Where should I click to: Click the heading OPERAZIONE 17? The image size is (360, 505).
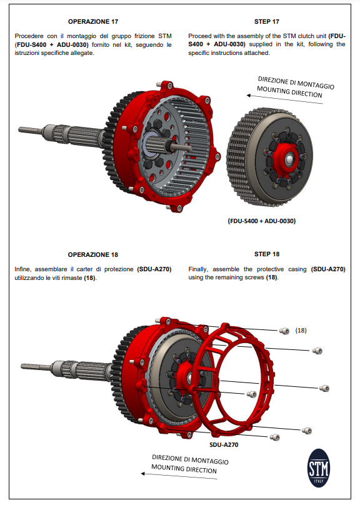92,21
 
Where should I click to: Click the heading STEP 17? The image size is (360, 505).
267,21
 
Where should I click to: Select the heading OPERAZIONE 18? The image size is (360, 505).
92,254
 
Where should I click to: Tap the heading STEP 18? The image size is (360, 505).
267,254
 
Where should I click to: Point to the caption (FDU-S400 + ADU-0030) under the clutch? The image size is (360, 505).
262,221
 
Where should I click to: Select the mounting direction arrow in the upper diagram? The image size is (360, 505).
284,100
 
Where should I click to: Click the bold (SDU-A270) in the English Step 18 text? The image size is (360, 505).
327,269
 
